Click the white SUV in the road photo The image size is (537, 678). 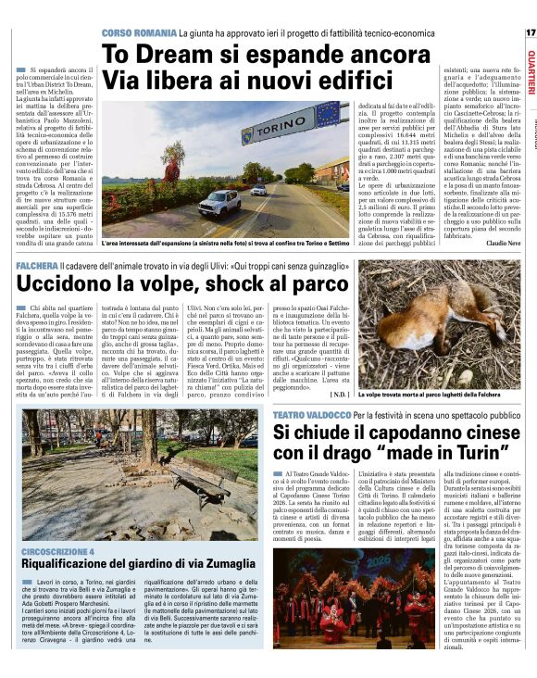tap(220, 201)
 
